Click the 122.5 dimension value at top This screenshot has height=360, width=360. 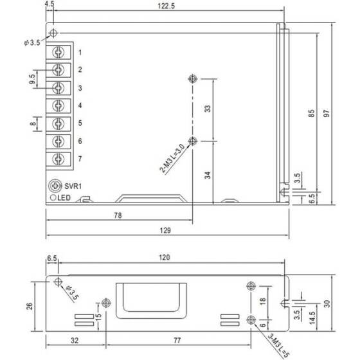(x=166, y=6)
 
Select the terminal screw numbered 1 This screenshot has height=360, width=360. (x=59, y=52)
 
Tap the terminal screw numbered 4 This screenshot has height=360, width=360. (x=59, y=105)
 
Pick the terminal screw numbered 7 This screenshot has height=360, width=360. (x=59, y=159)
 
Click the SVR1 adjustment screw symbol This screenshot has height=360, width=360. (x=55, y=186)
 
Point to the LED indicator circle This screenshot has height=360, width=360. (x=53, y=197)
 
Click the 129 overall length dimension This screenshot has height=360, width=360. (x=165, y=230)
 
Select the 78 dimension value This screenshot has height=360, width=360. (x=118, y=215)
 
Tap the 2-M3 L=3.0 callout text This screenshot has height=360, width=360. (x=172, y=158)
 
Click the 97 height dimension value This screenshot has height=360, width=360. (x=327, y=113)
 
